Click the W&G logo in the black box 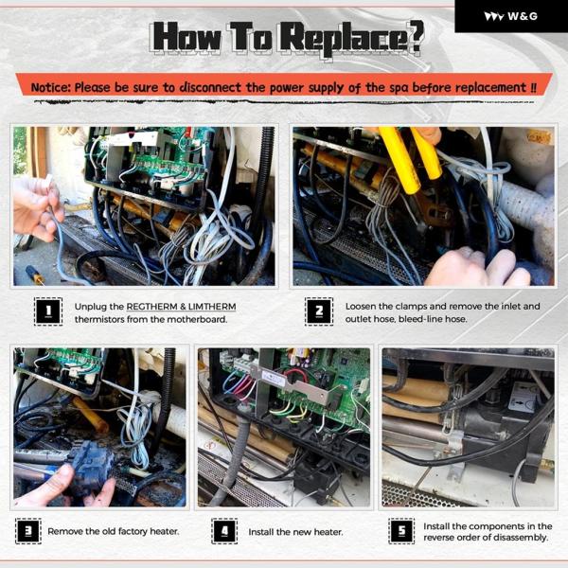(x=511, y=16)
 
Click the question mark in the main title (x=414, y=36)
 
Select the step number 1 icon (x=48, y=311)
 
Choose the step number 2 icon (x=319, y=311)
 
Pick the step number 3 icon (x=28, y=531)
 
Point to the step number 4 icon (x=224, y=531)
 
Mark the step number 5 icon (x=401, y=531)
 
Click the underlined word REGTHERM (x=151, y=307)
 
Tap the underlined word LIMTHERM (x=212, y=307)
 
